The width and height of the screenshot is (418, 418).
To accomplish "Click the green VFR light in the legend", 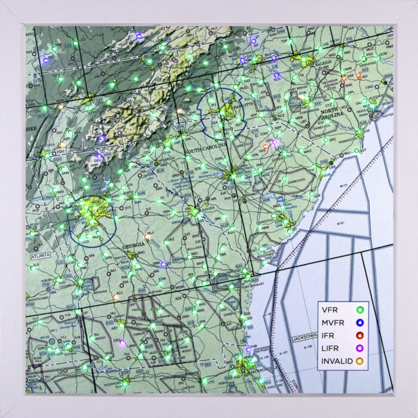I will tap(359, 310).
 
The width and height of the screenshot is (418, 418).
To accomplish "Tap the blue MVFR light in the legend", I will tap(359, 322).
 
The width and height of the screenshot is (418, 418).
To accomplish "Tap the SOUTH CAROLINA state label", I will tap(206, 146).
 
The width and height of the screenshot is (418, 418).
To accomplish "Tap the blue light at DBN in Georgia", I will tap(164, 263).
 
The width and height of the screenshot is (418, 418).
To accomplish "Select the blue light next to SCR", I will tap(276, 76).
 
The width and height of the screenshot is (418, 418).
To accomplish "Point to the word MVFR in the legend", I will tap(333, 322).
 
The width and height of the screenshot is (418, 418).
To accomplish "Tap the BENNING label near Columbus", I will tap(93, 293).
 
